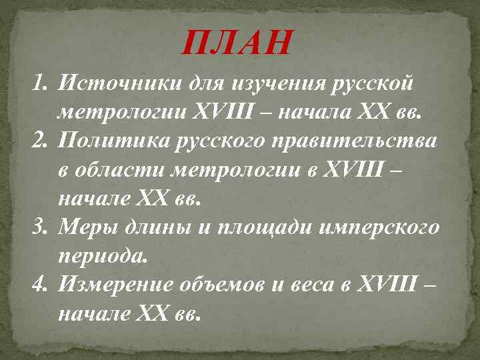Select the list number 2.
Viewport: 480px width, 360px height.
click(40, 141)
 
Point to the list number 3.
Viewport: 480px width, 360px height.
click(40, 227)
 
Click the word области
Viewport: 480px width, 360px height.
click(120, 171)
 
